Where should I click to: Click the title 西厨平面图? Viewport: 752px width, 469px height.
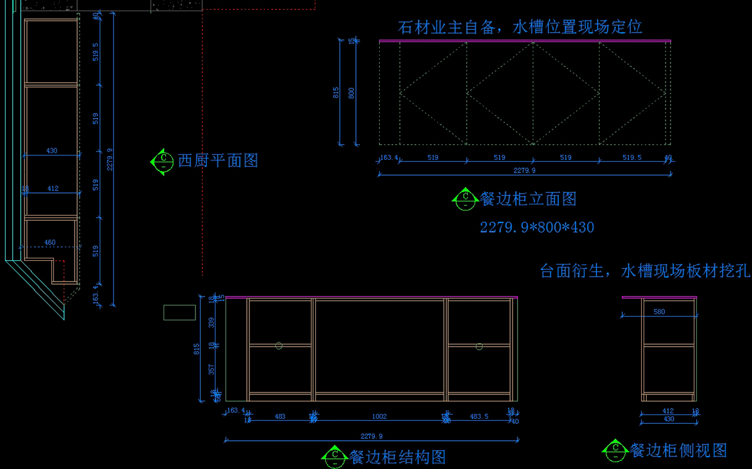point(217,161)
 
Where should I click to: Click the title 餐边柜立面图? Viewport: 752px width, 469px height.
point(528,199)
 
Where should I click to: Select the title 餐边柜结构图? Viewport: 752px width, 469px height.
point(397,457)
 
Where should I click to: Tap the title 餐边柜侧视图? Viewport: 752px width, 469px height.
point(679,450)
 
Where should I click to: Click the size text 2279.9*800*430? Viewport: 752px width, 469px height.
point(537,227)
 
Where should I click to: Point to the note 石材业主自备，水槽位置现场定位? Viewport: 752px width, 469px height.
point(520,28)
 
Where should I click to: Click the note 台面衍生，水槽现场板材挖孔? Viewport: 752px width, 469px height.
point(645,271)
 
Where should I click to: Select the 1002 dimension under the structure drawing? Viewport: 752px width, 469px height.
point(379,416)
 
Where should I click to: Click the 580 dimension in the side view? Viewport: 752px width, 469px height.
point(659,312)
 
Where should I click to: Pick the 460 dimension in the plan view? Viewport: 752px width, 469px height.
point(50,243)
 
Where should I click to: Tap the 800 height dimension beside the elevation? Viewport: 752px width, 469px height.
point(352,93)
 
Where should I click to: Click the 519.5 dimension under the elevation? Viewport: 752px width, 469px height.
point(632,158)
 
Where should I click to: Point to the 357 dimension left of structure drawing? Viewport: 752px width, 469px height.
point(212,370)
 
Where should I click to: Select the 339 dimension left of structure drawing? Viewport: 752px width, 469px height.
point(212,322)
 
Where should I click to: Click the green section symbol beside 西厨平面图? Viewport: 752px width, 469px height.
point(162,161)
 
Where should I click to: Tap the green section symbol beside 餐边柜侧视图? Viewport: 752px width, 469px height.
point(615,450)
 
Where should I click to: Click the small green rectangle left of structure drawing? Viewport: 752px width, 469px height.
point(179,312)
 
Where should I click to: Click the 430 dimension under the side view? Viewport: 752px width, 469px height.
point(669,419)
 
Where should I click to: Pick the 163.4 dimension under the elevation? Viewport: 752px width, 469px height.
point(389,158)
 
